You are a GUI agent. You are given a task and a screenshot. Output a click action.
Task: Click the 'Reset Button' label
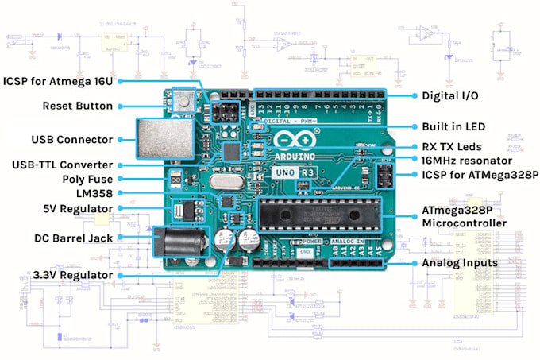78,106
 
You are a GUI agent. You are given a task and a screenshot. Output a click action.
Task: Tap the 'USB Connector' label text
72,140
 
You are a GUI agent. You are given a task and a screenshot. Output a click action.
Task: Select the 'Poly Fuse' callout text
85,179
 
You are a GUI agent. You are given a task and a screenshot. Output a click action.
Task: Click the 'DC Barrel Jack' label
74,238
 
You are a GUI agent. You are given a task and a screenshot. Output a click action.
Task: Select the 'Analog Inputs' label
459,263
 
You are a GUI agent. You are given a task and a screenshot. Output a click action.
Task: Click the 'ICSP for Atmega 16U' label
59,80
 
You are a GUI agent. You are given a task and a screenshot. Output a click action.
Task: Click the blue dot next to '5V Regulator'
119,208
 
